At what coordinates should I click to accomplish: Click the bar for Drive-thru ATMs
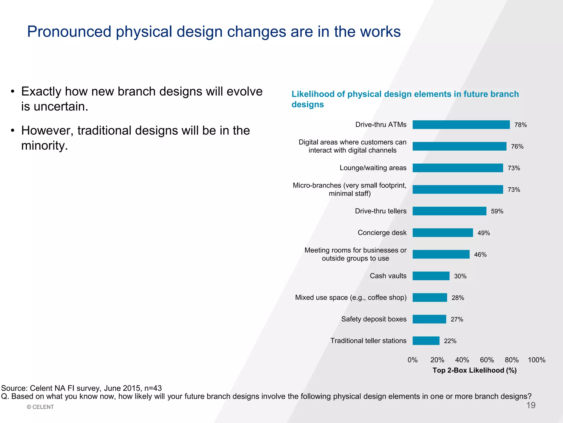461,125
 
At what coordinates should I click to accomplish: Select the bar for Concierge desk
443,233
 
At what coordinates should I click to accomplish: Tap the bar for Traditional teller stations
426,341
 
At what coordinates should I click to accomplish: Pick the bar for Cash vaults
431,276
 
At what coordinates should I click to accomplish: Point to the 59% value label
497,211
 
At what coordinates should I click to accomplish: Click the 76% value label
517,147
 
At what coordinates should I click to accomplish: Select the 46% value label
480,254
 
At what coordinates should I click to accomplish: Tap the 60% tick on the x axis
487,360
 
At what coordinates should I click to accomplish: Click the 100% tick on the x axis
536,360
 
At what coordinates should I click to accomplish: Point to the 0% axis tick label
412,360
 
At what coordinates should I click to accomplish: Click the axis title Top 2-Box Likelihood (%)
474,370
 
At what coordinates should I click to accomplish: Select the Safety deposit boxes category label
374,319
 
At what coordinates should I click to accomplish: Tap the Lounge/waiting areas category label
373,168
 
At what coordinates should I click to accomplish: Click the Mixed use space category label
351,298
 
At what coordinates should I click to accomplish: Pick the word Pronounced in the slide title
69,32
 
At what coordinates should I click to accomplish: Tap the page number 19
531,405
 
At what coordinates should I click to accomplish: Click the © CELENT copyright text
40,407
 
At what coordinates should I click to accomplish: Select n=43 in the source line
153,388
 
